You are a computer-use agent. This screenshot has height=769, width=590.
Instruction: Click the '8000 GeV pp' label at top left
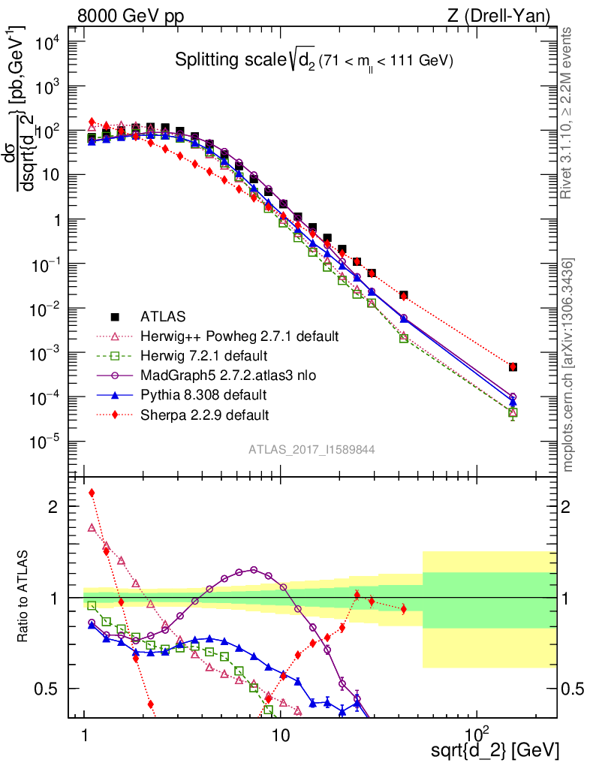coord(131,16)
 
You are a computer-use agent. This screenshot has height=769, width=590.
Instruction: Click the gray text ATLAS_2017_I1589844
coord(312,450)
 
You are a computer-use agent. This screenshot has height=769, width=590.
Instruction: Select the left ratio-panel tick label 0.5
coord(50,689)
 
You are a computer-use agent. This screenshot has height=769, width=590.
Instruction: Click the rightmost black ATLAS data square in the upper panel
coord(513,367)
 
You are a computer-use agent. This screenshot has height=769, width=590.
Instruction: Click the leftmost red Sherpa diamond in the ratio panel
coord(92,493)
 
